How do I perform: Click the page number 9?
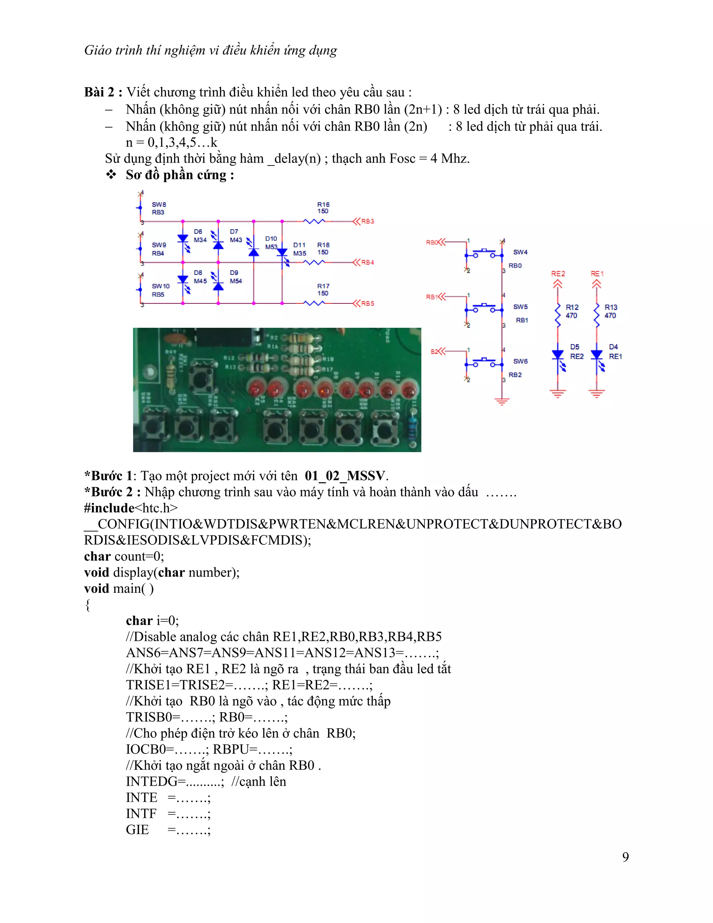626,857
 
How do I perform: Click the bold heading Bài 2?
103,92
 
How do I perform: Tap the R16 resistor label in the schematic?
323,208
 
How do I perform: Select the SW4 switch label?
520,252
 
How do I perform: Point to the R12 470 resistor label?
572,311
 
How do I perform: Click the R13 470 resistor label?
610,311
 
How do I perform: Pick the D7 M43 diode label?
236,236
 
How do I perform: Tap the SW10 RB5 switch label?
160,290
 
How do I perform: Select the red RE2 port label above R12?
558,274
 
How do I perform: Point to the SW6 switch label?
520,361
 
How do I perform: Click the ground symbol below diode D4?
596,394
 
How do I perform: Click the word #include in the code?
109,508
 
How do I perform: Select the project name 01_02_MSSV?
345,476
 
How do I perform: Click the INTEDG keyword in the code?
155,782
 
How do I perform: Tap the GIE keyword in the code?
137,830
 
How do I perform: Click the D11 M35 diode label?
299,249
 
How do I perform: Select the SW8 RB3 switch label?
159,208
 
